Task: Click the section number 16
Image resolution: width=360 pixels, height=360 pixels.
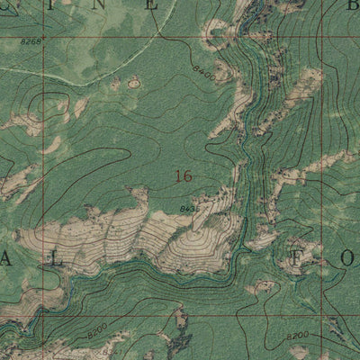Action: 183,176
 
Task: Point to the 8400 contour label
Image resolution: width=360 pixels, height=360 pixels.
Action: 202,77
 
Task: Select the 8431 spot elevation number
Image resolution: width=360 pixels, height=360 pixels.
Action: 189,209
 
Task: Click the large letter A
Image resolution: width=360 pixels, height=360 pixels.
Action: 7,258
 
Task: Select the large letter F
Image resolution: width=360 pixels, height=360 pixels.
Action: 296,258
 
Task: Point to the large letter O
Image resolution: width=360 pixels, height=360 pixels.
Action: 350,258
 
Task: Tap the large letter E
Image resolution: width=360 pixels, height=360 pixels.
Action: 153,4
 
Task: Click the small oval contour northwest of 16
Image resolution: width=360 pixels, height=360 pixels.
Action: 134,83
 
